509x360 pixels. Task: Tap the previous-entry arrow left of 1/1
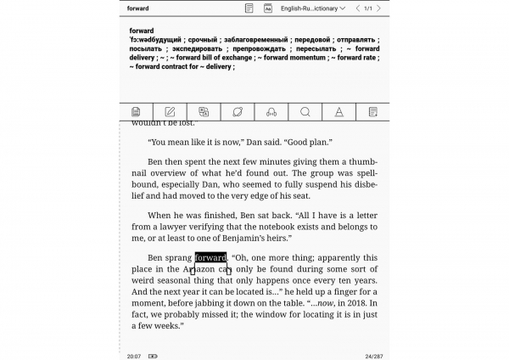point(356,8)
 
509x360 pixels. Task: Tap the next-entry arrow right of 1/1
point(380,8)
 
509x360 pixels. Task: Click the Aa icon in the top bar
point(268,8)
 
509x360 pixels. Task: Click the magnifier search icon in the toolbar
point(305,111)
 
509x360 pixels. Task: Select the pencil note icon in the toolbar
point(170,111)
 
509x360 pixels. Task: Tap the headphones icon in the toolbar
point(271,111)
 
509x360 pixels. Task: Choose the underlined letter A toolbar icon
point(339,111)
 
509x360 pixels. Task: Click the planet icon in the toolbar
point(238,111)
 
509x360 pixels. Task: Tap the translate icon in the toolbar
point(204,111)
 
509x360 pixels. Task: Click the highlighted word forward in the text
point(210,257)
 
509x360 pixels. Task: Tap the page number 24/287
point(373,356)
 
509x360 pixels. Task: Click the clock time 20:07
point(134,356)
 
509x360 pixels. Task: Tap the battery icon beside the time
point(153,356)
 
